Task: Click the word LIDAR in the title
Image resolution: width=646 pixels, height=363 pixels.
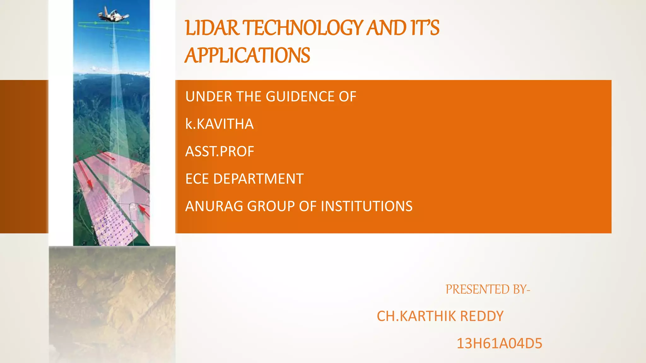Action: click(x=212, y=28)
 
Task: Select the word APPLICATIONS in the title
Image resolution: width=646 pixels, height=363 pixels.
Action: click(x=248, y=55)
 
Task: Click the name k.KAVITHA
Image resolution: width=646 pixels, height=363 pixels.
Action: click(x=220, y=124)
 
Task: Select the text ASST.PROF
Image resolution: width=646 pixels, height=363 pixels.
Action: click(x=220, y=151)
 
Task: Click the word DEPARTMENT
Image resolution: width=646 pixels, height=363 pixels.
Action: click(x=258, y=179)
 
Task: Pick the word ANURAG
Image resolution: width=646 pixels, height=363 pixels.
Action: click(x=214, y=206)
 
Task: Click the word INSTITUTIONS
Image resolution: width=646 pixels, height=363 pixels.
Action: click(x=367, y=206)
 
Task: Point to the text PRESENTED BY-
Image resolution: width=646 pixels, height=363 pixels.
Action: click(x=488, y=289)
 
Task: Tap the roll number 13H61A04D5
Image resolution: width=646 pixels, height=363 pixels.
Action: click(x=499, y=343)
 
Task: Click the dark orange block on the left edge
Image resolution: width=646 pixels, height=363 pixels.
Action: click(x=24, y=157)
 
